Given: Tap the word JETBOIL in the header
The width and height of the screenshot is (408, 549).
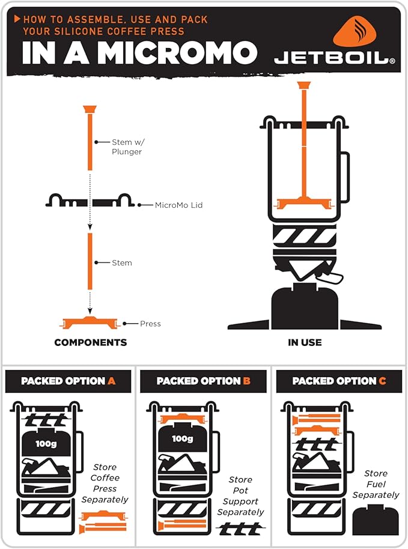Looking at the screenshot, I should pos(334,58).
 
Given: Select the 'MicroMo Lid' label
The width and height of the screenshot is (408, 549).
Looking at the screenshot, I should pos(178,205).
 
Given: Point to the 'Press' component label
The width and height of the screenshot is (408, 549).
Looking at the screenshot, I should pos(150,324).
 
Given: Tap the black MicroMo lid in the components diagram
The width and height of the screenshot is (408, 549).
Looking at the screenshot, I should pos(90,201).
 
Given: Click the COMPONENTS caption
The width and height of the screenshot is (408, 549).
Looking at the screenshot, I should pos(91,342).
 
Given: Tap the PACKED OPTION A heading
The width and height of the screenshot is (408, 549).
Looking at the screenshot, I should pos(68,381).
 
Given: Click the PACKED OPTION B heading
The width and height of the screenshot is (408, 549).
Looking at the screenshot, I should pos(203,381).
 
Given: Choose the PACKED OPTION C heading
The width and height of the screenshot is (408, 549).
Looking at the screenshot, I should pos(339,381).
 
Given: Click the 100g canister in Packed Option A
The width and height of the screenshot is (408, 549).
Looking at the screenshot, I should pos(46,443).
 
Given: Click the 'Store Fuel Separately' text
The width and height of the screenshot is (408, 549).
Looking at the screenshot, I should pos(376,484).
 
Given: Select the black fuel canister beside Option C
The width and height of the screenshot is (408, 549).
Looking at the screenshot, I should pos(376,520).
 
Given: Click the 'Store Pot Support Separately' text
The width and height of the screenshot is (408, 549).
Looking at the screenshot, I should pos(240,496).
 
